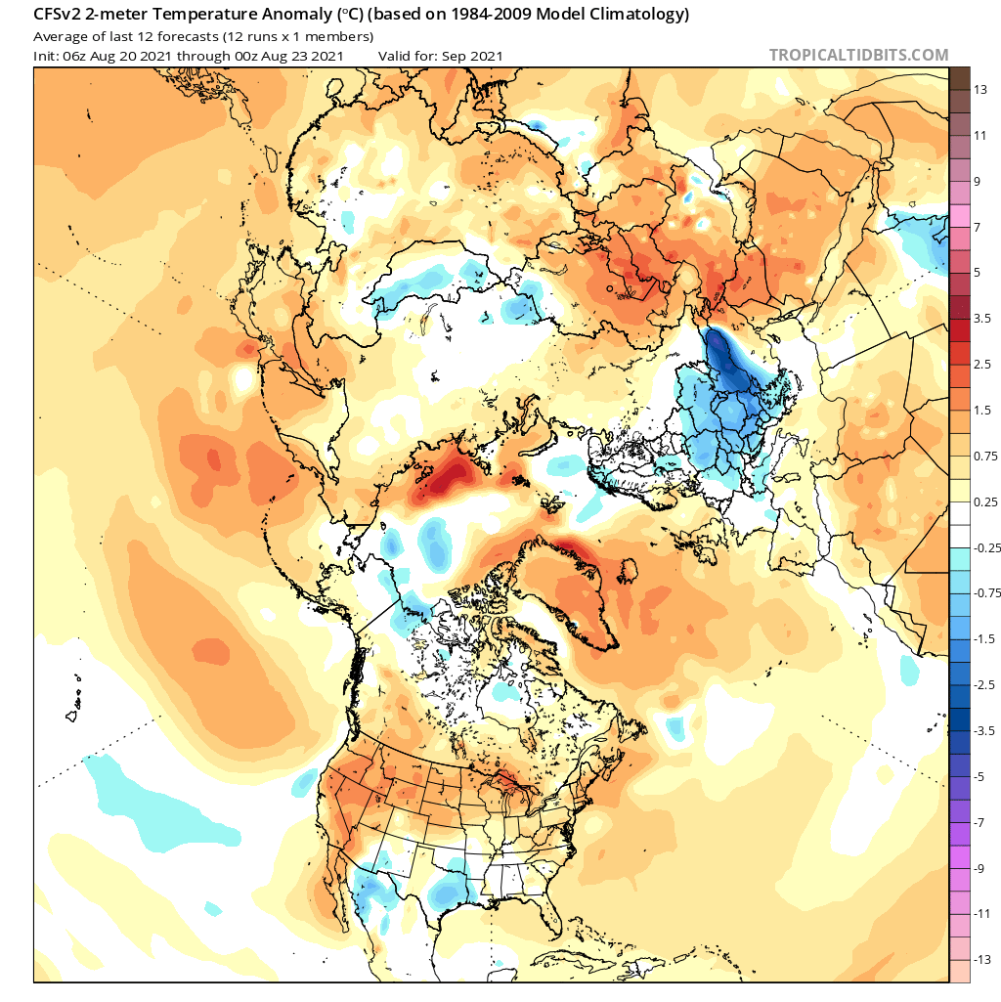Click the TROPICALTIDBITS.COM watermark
[858, 55]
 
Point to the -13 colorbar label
[979, 959]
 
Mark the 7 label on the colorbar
[978, 226]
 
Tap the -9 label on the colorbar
[979, 867]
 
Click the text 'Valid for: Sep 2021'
[441, 56]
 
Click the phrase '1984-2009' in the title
[494, 16]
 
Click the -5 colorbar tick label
[978, 775]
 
